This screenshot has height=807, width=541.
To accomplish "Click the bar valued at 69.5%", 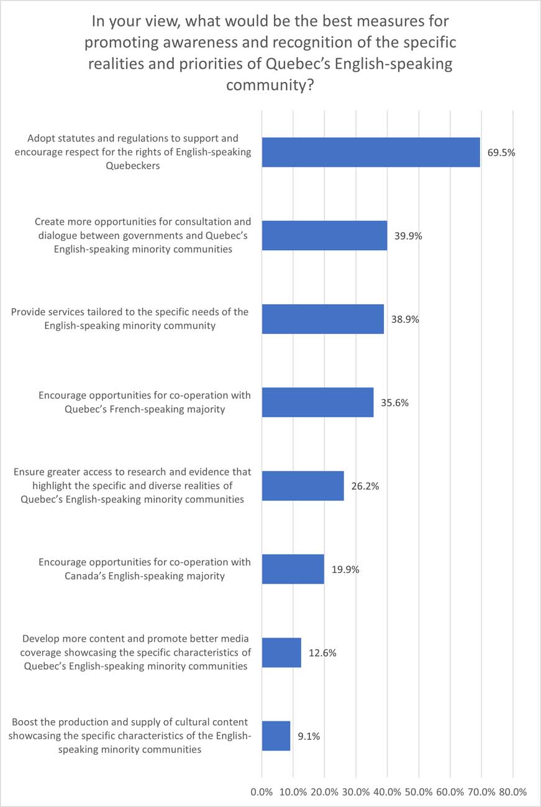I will coord(371,152).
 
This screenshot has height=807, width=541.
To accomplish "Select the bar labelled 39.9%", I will coord(324,235).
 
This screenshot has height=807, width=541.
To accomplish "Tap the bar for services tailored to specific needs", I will coord(323,319).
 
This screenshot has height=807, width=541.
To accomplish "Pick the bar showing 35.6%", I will coord(317,402).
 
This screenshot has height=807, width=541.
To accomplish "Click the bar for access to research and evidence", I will coord(302,485).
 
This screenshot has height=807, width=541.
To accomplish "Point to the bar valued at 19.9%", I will coord(293,569).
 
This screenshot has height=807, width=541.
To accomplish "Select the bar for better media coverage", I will coord(281,652).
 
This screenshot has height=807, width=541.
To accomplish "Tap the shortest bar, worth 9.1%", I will coord(276,736).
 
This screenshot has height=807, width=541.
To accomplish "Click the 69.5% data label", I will coord(501,152).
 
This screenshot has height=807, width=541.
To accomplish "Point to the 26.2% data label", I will coord(365,485).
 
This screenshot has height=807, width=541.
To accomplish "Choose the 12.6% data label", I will coord(322,652).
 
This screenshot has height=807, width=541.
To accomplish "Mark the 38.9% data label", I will coord(405,319).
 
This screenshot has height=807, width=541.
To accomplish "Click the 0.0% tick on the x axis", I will coord(261,792).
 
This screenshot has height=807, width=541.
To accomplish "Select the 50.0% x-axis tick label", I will coord(418,792).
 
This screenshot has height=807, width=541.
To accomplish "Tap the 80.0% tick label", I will coord(512,792).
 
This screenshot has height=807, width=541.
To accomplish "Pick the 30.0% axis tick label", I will coord(355,792).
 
